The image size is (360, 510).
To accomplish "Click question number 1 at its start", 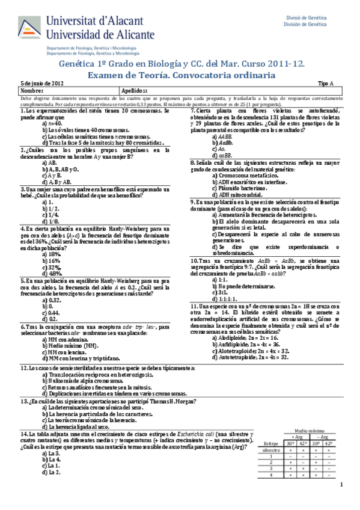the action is [22, 111].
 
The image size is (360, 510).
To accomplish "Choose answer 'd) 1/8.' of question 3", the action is [50, 222].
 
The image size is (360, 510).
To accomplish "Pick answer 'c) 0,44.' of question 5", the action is [52, 313].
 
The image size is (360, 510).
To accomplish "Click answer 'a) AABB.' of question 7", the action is [222, 136].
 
